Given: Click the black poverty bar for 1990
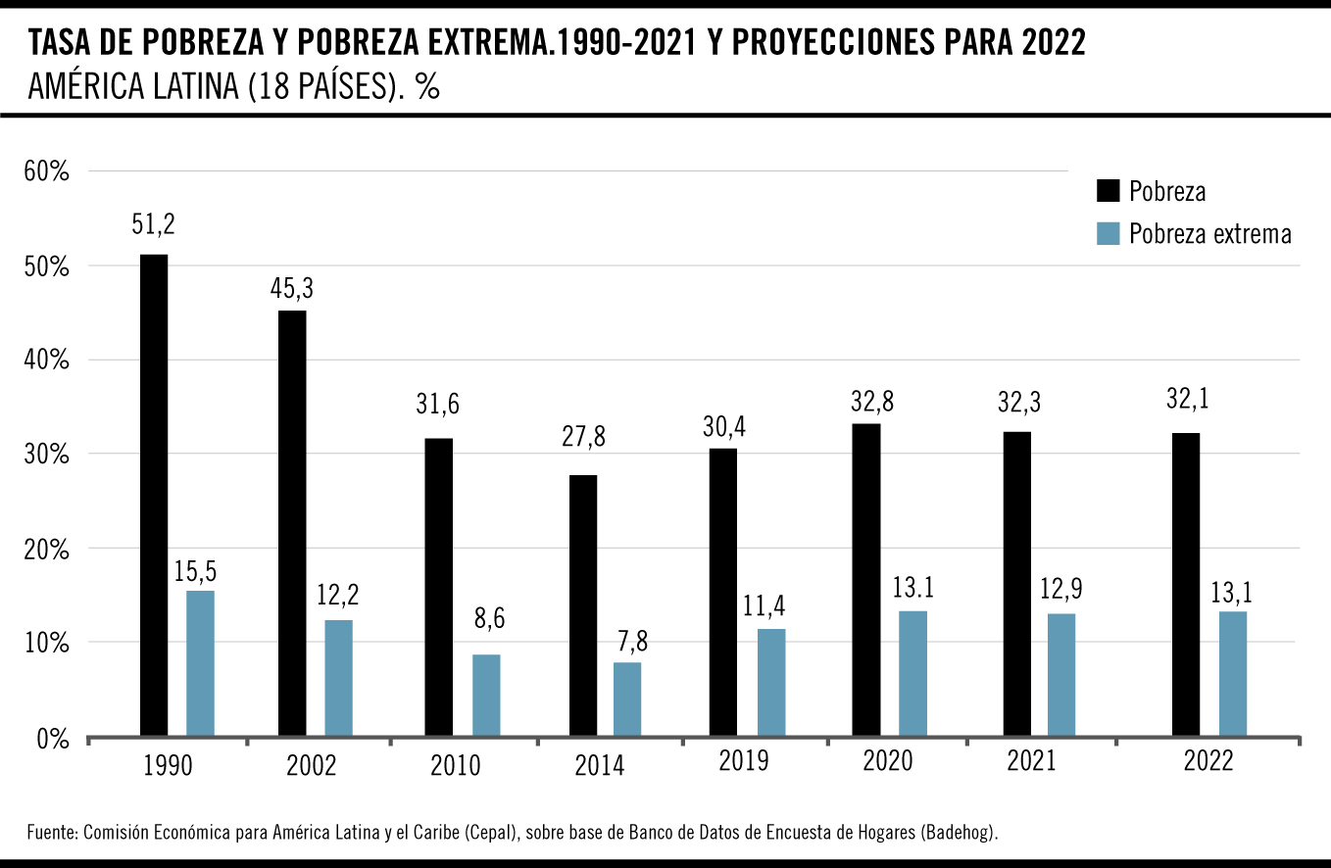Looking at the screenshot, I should point(154,495).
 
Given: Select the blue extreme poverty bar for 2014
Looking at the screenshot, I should point(627,699).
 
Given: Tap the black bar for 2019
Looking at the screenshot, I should point(722,592).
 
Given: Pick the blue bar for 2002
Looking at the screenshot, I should point(339,677).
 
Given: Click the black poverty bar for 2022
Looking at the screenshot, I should point(1186,584).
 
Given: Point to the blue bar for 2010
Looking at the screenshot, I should point(486,695).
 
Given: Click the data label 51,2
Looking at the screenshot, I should point(153,224).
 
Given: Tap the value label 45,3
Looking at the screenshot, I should point(291,288).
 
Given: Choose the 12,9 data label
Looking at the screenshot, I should point(1061,591).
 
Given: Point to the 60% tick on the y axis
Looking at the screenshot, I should point(46,172).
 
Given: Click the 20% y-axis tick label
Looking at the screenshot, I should point(46,550).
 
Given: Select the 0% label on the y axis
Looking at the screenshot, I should point(52,739).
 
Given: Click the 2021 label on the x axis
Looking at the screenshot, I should point(1031,760).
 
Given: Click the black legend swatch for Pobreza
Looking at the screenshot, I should point(1108,191).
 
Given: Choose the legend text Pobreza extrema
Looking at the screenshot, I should point(1209,234).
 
